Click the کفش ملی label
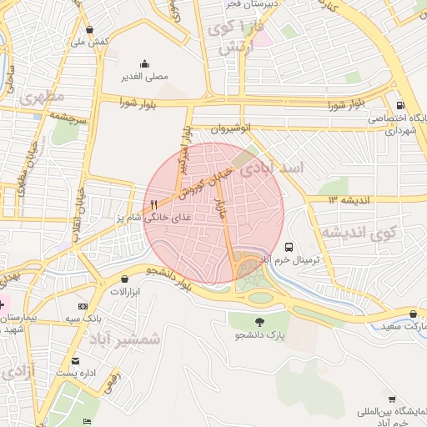tap(92, 41)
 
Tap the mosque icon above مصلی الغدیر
tap(145, 63)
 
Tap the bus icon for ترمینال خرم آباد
tap(289, 247)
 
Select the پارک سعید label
tap(400, 325)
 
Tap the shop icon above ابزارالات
tap(124, 279)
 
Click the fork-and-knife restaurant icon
tap(154, 204)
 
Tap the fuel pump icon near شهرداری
tap(401, 105)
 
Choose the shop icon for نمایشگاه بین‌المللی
tap(392, 399)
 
